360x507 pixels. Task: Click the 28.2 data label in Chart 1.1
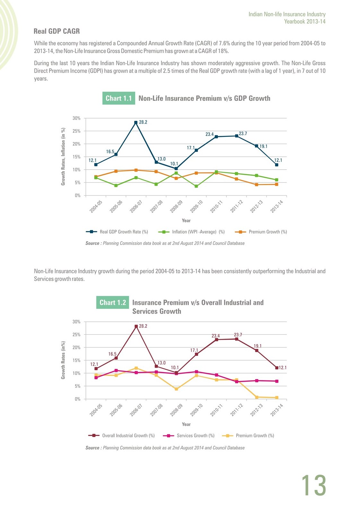click(x=143, y=122)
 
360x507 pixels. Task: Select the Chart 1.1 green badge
click(x=119, y=98)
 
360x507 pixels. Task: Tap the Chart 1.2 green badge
click(x=112, y=302)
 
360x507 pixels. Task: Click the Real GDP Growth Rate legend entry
click(x=117, y=232)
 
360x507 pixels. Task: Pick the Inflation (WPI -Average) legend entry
click(x=191, y=232)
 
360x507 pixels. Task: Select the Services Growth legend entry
click(x=189, y=435)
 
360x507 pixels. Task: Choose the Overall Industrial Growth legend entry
click(x=121, y=435)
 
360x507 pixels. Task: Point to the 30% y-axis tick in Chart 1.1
click(x=76, y=118)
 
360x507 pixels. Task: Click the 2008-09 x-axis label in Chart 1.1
click(x=176, y=206)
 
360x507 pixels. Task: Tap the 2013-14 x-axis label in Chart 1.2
click(x=277, y=410)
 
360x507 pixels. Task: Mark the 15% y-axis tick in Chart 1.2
click(x=76, y=360)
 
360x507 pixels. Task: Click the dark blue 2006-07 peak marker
click(x=136, y=122)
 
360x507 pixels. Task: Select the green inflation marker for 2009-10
click(x=196, y=186)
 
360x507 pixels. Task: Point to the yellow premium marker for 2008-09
click(x=176, y=389)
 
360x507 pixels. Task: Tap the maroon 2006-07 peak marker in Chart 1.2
click(x=136, y=326)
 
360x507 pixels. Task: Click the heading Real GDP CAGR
click(x=57, y=31)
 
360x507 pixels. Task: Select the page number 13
click(x=314, y=485)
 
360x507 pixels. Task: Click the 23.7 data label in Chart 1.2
click(x=238, y=335)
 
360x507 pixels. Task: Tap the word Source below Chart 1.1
click(x=92, y=243)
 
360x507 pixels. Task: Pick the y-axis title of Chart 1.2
click(x=63, y=360)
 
